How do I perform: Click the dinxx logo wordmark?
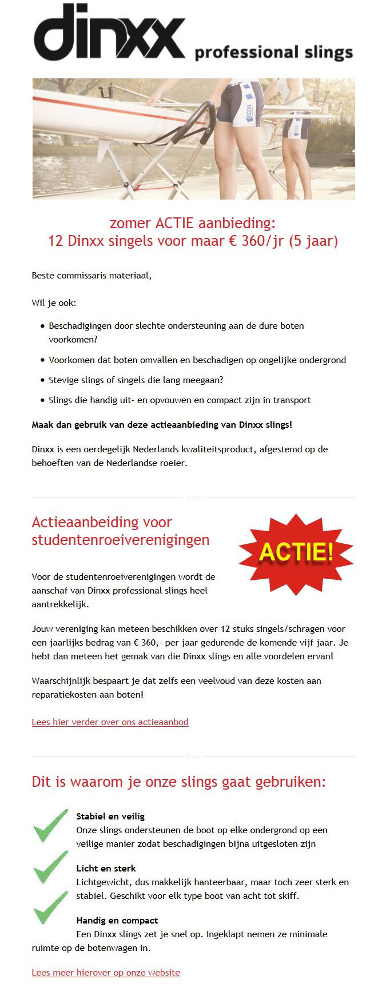[x=109, y=33]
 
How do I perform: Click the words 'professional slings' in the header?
[x=273, y=53]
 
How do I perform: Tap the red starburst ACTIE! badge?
[x=296, y=553]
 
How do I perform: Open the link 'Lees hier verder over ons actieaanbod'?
[x=110, y=722]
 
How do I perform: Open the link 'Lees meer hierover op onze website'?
[x=106, y=972]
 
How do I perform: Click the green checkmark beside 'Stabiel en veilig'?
[x=50, y=825]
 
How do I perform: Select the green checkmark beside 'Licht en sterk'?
[x=50, y=866]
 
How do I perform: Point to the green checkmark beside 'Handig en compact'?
[x=50, y=908]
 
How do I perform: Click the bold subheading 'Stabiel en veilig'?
[x=110, y=816]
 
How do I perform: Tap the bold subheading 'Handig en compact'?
[x=117, y=920]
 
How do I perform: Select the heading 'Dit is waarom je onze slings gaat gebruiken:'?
[x=178, y=782]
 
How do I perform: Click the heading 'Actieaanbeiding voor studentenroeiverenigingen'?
[x=120, y=531]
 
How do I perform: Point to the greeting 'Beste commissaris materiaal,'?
[x=91, y=275]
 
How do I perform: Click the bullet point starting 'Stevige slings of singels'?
[x=136, y=380]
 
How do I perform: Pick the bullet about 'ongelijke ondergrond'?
[x=197, y=360]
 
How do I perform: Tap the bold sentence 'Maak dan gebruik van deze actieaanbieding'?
[x=162, y=424]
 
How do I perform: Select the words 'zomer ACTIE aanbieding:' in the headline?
[x=192, y=222]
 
